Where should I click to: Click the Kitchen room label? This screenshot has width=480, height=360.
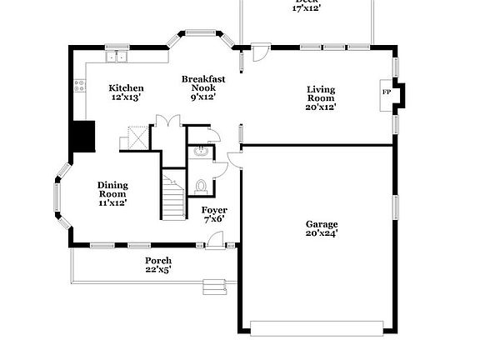[126, 92]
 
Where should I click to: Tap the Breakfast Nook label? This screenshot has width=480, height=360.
[200, 87]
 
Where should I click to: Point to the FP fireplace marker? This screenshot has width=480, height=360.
[387, 92]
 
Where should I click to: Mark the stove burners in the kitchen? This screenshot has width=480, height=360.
[80, 85]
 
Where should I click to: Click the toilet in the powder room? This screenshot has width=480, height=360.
[200, 185]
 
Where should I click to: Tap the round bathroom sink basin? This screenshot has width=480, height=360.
[200, 152]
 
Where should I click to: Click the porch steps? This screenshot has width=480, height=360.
[215, 286]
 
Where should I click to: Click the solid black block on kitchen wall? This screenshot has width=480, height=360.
[82, 137]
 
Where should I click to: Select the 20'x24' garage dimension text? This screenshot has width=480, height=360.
[321, 234]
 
